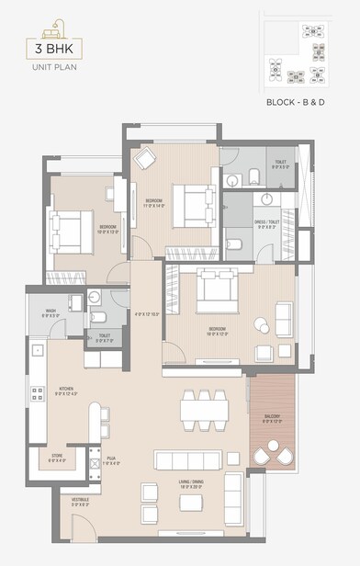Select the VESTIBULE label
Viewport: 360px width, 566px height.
click(x=80, y=502)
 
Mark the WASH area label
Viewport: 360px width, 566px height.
click(x=51, y=311)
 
